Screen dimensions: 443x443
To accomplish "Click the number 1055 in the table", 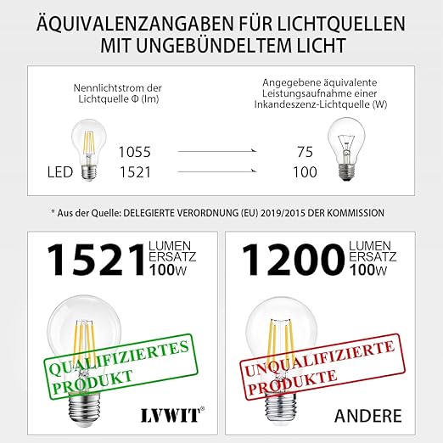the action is pos(133,153).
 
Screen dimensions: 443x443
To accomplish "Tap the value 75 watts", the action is pos(305,153).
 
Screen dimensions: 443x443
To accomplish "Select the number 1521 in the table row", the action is pos(133,172).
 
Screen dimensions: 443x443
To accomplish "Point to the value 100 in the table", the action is pos(305,172).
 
